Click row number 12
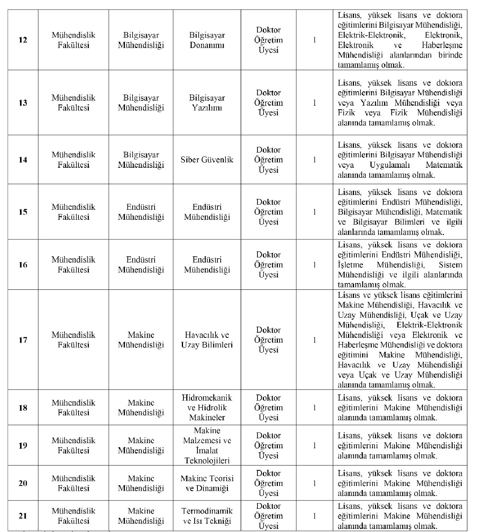(23, 40)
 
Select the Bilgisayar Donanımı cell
(207, 40)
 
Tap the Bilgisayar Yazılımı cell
(207, 103)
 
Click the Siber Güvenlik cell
(207, 160)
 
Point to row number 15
(23, 212)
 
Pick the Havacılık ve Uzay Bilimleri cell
(207, 340)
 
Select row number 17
(23, 340)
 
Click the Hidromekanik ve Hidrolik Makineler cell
(207, 408)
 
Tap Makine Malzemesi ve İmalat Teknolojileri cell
(207, 446)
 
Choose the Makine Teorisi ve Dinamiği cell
(207, 483)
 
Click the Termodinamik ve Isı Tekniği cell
(207, 516)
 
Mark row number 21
(23, 516)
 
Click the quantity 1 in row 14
(314, 160)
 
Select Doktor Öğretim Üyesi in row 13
(268, 103)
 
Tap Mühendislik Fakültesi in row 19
(73, 446)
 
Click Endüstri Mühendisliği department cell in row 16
(141, 265)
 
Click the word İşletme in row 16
(350, 265)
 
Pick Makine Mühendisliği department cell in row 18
(141, 408)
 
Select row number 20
(23, 483)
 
